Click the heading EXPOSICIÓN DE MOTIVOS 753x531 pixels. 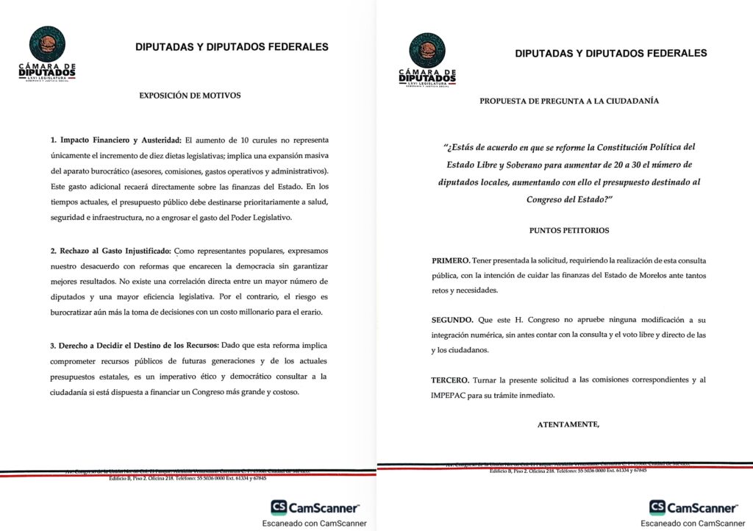[190, 95]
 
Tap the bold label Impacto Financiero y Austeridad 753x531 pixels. [115, 140]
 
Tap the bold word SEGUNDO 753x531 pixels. [452, 321]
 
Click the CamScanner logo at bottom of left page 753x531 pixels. [315, 507]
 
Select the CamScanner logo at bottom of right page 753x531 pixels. [693, 507]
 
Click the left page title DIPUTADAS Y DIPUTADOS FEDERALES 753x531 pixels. [232, 47]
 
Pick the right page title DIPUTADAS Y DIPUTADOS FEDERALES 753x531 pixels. [611, 53]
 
